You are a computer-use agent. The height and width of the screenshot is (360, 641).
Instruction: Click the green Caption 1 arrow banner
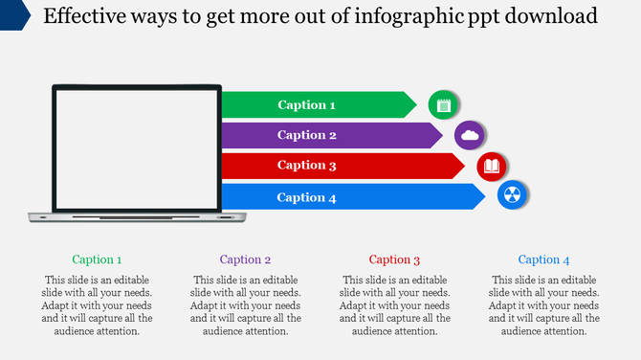(316, 104)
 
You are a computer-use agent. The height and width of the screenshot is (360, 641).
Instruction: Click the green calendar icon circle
(443, 104)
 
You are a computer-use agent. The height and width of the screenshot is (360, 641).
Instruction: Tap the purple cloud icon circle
(470, 136)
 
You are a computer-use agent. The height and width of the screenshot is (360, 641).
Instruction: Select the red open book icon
(492, 167)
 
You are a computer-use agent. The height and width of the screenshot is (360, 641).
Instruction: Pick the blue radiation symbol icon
(513, 196)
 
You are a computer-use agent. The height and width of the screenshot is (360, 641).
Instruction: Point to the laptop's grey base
(135, 217)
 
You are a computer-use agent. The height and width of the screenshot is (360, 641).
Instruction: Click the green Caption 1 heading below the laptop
(97, 259)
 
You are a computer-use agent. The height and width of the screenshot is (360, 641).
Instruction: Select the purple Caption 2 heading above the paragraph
(246, 259)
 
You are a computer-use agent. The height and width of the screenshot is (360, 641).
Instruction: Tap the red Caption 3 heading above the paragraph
(395, 259)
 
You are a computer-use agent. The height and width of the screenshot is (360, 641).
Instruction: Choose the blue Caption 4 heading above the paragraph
(544, 259)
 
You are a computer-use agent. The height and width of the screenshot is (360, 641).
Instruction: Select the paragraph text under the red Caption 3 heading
(395, 305)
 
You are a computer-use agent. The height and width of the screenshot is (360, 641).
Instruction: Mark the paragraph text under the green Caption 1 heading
(97, 305)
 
